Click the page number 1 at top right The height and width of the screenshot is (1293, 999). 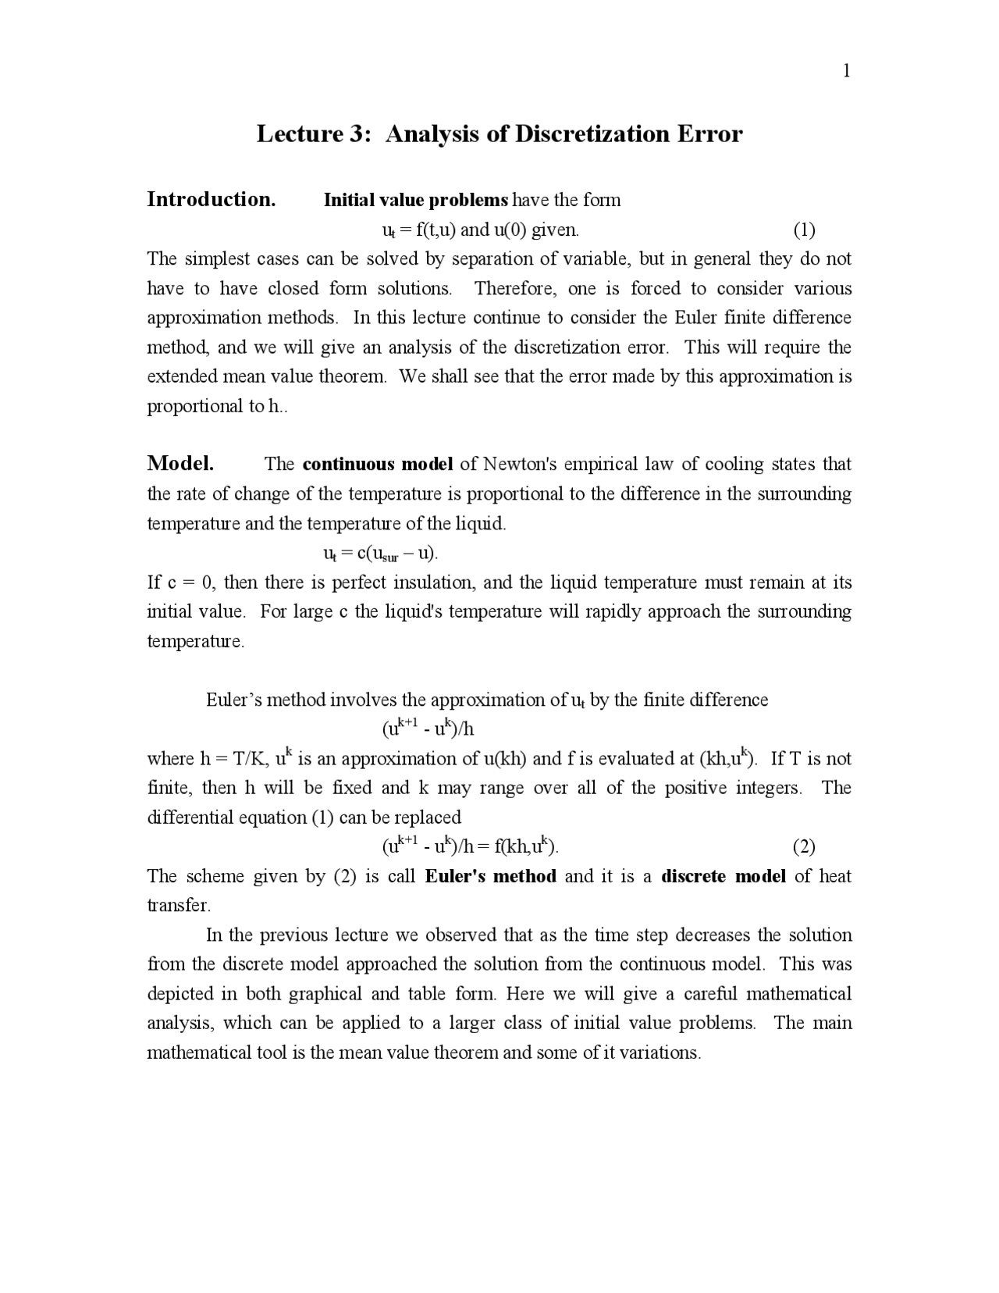(x=846, y=71)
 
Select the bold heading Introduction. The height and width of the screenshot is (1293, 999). (x=211, y=199)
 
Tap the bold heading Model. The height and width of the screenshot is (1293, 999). (x=180, y=463)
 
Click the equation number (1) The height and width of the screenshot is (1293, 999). (x=804, y=230)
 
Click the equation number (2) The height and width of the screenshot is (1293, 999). (x=804, y=846)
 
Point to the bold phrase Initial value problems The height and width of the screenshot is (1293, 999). (x=415, y=200)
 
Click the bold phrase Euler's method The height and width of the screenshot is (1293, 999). (x=490, y=876)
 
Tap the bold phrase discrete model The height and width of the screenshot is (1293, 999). (x=723, y=876)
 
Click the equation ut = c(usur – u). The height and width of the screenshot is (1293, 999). (x=380, y=554)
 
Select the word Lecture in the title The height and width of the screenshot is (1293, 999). (x=299, y=134)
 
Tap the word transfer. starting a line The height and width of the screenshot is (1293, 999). (x=179, y=906)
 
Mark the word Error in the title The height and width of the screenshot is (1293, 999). (x=709, y=134)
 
